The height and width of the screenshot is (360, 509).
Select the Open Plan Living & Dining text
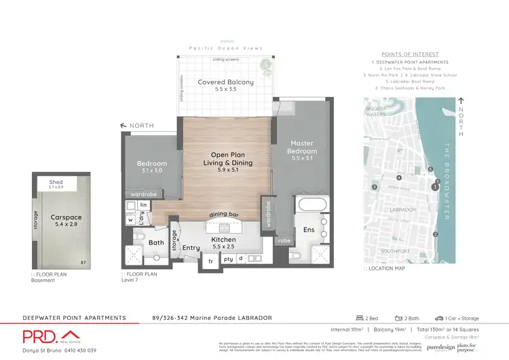tap(231, 158)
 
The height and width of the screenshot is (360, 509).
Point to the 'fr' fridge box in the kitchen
tap(210, 260)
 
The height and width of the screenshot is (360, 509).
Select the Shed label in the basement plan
tap(56, 183)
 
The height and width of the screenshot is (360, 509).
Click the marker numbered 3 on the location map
tap(374, 187)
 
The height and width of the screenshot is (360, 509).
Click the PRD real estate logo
tap(51, 336)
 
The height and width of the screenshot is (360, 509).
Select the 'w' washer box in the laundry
tap(130, 219)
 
